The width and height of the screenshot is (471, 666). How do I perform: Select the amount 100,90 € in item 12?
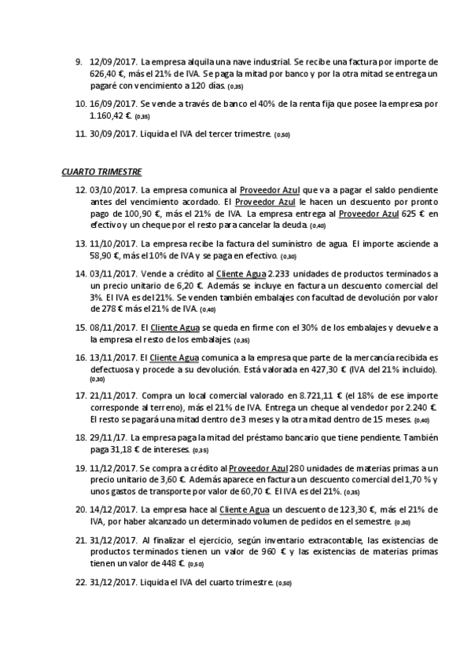[x=129, y=214]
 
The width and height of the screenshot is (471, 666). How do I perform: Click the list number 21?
[x=80, y=540]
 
